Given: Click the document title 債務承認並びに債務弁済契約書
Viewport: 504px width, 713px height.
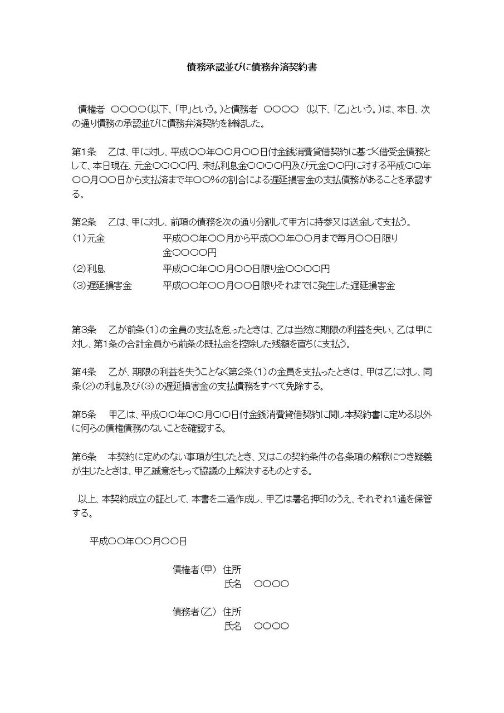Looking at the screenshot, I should pyautogui.click(x=252, y=67).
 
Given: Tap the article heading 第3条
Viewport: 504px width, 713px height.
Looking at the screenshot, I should pyautogui.click(x=84, y=329).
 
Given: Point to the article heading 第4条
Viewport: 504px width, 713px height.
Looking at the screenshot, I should pyautogui.click(x=84, y=372).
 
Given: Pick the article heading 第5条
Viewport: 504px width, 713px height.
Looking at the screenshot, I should pyautogui.click(x=84, y=414).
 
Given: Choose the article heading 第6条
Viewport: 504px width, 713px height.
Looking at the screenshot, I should pyautogui.click(x=84, y=457).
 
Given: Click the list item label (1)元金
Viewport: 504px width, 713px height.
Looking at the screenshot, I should pyautogui.click(x=89, y=238).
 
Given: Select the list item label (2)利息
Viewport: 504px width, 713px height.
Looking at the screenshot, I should pyautogui.click(x=89, y=269).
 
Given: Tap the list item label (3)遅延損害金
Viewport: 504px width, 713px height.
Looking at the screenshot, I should pyautogui.click(x=102, y=286).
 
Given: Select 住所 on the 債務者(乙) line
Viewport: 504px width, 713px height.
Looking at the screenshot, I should pyautogui.click(x=232, y=612).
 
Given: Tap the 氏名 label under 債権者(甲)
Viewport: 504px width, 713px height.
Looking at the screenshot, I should pyautogui.click(x=233, y=584).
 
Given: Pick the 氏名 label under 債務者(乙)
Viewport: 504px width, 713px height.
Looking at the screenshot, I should pyautogui.click(x=233, y=626).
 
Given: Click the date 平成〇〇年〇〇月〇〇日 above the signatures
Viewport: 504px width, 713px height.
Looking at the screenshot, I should pyautogui.click(x=138, y=541).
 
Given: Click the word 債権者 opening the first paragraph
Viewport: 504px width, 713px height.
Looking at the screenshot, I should pyautogui.click(x=91, y=110).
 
